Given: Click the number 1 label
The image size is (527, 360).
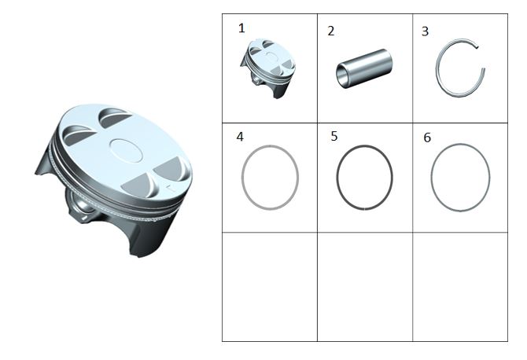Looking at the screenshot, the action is (x=241, y=28).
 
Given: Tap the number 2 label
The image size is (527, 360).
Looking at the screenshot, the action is (x=331, y=31).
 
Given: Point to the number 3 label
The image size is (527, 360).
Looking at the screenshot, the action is (x=426, y=31).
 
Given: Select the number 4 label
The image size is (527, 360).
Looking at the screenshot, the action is (x=240, y=137).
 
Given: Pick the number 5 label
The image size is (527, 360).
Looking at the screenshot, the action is (x=334, y=136).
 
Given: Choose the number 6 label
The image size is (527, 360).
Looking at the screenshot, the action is (x=427, y=138).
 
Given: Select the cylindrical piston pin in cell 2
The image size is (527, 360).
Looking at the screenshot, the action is (x=365, y=69).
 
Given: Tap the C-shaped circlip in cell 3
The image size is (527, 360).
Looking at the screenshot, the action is (x=437, y=69).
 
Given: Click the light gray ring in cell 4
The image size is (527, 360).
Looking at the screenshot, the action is (x=241, y=178).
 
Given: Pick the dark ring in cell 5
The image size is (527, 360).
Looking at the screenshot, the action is (x=337, y=178).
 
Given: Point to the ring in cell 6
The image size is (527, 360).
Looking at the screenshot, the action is (x=432, y=178).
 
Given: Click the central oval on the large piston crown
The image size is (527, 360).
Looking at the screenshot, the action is (x=127, y=150).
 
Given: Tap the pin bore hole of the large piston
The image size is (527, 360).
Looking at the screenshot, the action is (x=82, y=207).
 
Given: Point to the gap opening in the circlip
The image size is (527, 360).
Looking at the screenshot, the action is (x=481, y=57).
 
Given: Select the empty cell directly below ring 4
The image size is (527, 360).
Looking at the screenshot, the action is (x=270, y=287).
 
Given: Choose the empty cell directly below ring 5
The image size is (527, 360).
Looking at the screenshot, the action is (x=365, y=287).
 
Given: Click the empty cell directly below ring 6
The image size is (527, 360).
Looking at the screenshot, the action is (x=460, y=287).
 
